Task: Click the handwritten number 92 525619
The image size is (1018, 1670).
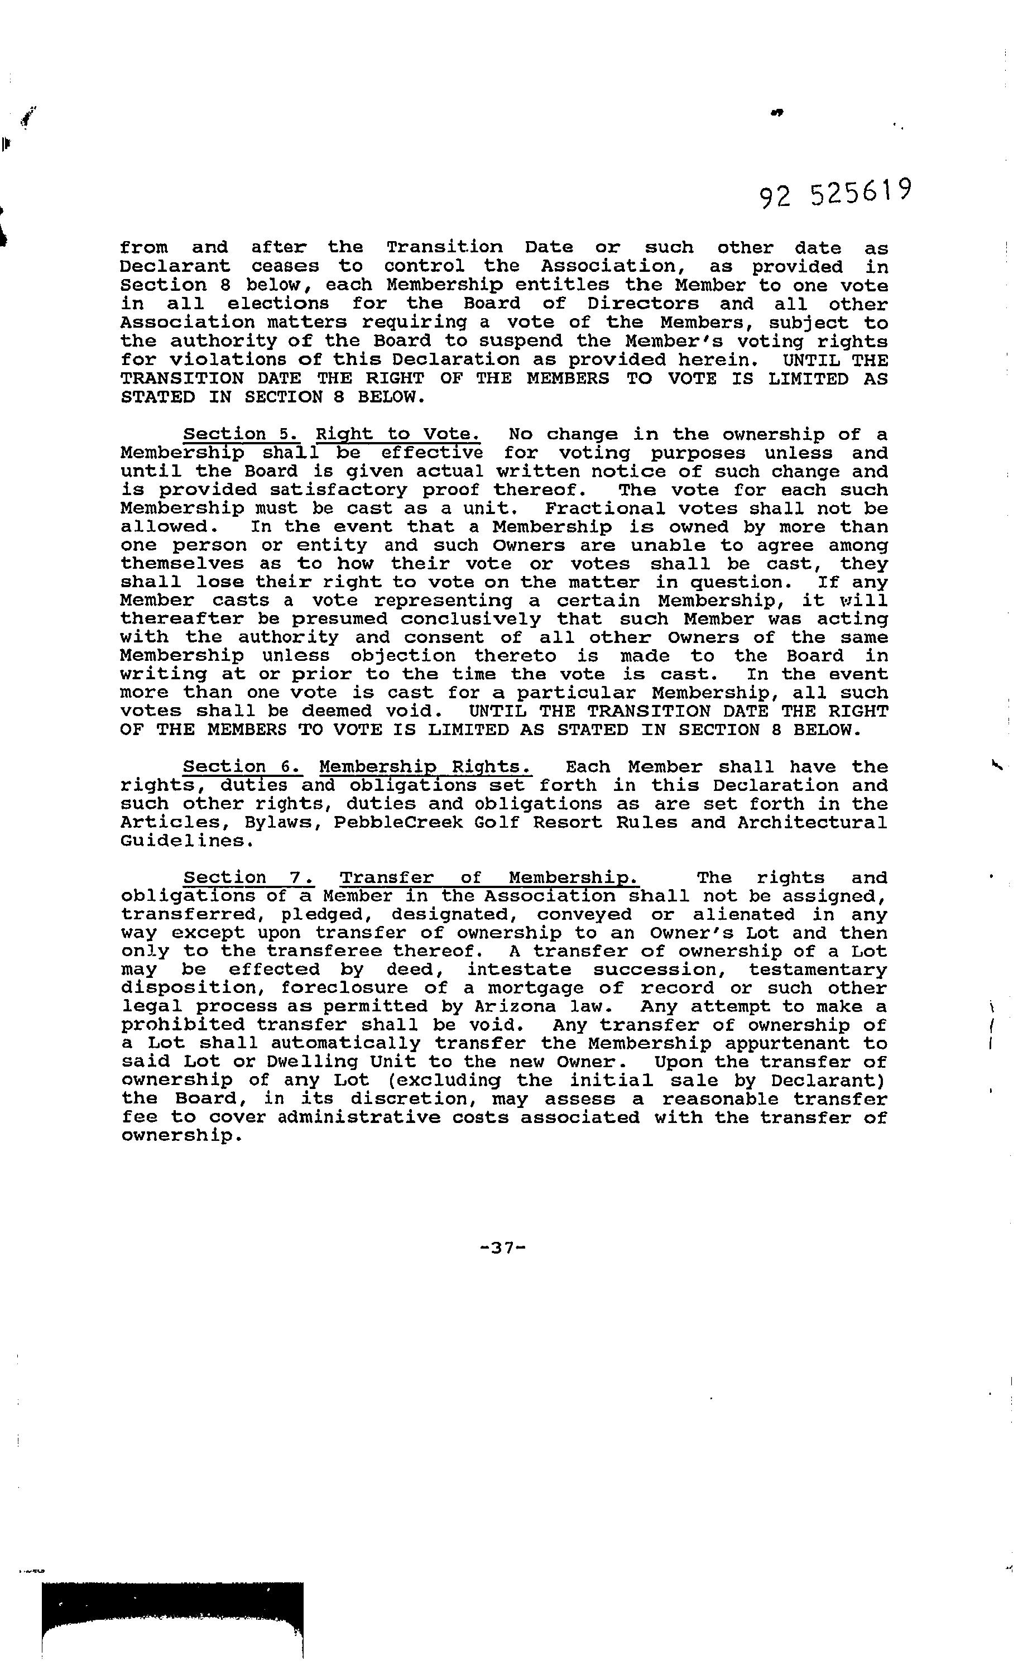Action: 835,194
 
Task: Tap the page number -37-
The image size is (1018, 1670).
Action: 502,1248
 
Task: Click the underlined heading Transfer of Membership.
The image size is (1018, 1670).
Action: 489,877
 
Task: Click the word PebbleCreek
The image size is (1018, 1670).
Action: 389,822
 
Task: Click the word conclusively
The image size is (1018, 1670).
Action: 470,619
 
